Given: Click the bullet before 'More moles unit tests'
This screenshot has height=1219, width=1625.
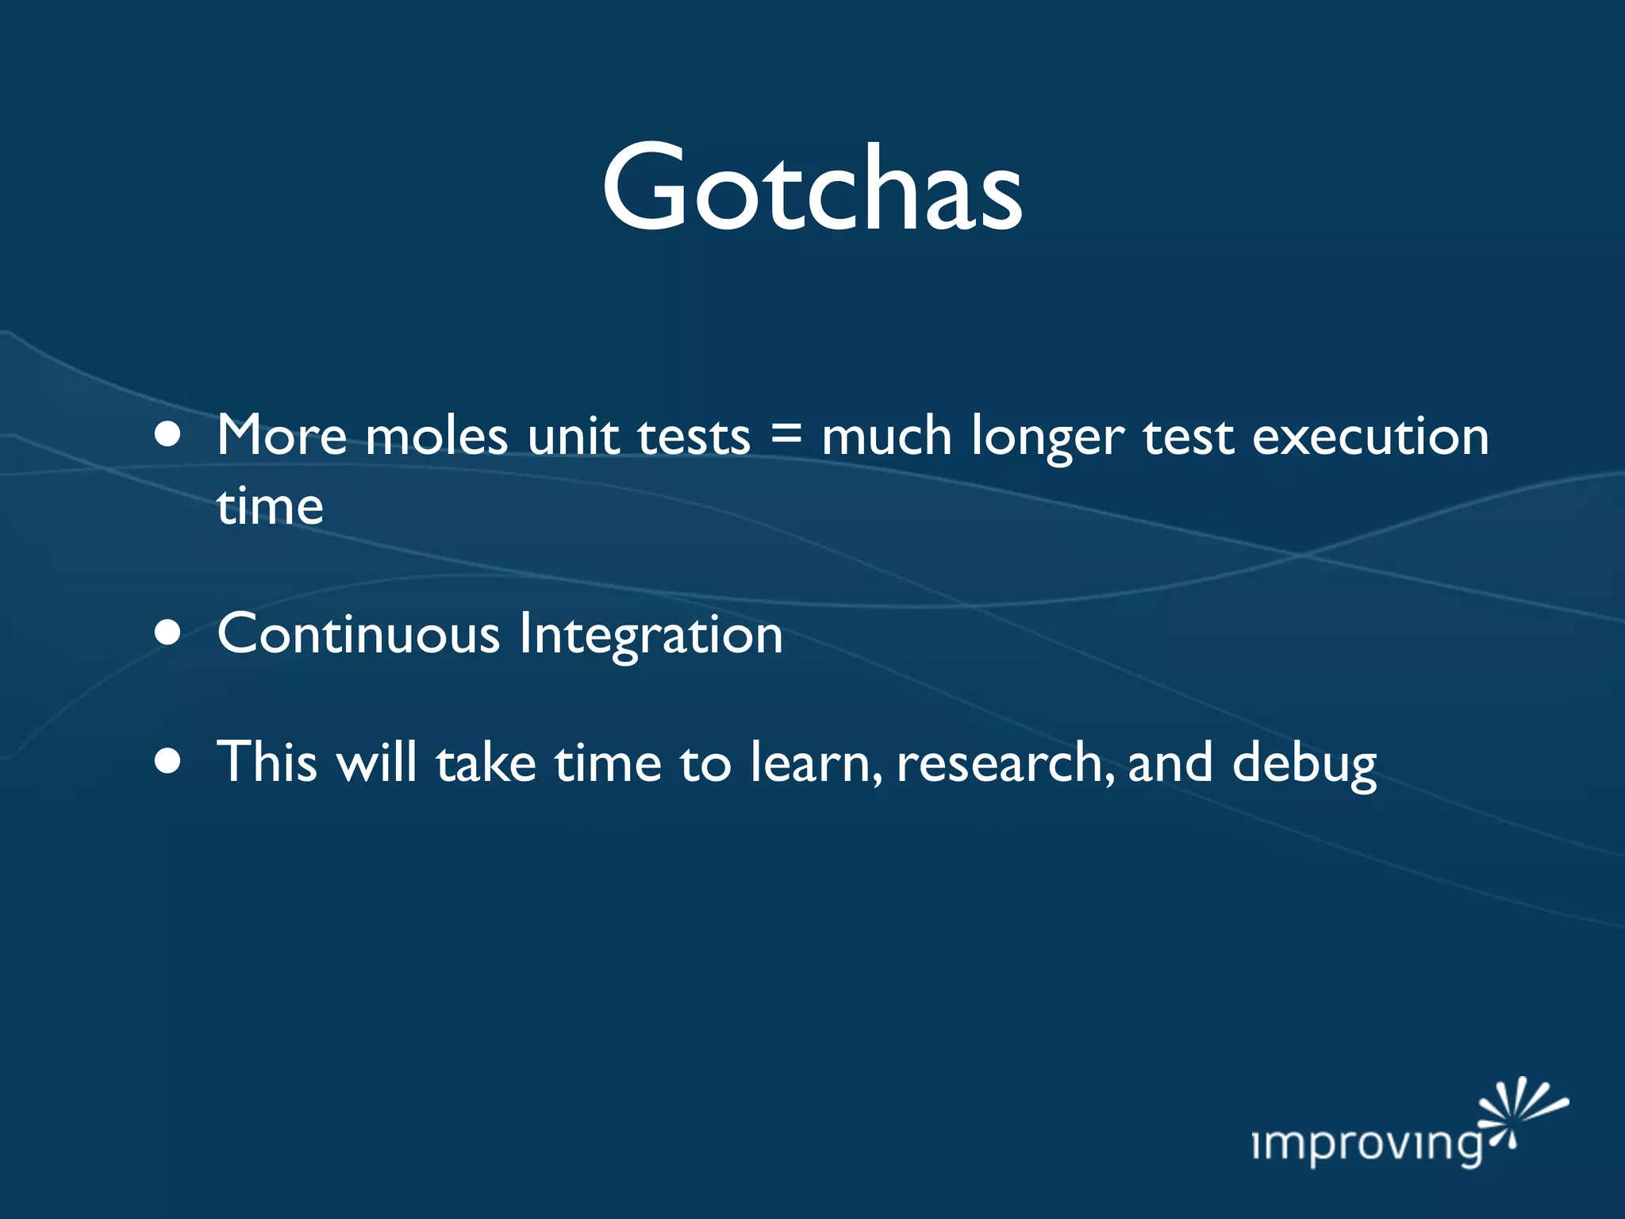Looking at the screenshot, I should coord(167,435).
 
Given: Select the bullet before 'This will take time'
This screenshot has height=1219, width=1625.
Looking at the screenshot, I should coord(167,761).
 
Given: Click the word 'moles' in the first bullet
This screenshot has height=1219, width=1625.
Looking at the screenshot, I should coord(436,436).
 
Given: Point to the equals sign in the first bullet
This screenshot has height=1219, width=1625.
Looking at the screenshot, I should coord(786,435).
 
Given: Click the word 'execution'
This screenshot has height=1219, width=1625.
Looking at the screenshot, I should coord(1370,436).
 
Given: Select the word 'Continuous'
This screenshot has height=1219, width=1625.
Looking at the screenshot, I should coord(359,634).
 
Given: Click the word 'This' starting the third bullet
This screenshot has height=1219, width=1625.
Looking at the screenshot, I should coord(267,762).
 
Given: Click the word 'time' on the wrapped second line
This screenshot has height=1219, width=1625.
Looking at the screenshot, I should coord(270,506).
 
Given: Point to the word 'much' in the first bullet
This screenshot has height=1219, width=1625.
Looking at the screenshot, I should coord(886,436).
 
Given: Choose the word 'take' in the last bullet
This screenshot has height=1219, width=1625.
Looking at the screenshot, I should coord(486,763).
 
